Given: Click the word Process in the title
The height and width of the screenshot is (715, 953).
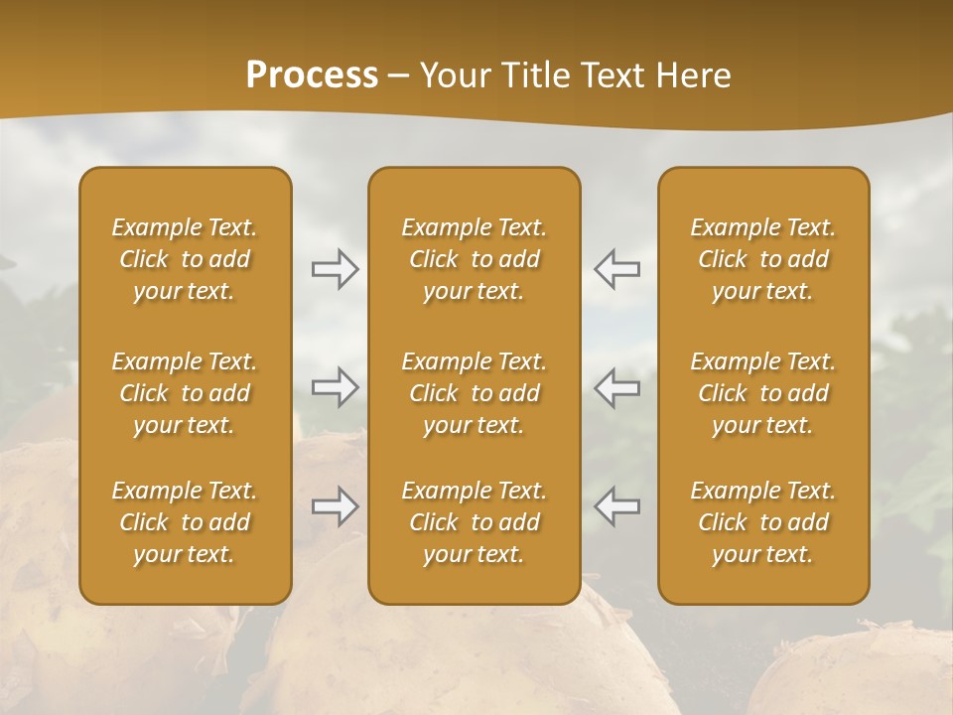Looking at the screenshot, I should click(312, 75).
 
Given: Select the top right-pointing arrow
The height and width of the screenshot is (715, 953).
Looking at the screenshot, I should click(336, 269).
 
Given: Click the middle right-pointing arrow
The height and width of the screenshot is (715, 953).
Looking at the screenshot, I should click(336, 387).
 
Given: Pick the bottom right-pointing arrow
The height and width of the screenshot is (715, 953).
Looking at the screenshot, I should click(336, 506).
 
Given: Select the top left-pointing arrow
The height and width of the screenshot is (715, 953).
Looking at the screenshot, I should click(616, 269).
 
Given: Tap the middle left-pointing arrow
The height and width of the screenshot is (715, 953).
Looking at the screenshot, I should click(616, 387).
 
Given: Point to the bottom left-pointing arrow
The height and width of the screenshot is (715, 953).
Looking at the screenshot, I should click(616, 506).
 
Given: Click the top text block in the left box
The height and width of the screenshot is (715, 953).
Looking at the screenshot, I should click(185, 259).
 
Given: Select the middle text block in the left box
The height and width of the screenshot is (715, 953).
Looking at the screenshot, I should click(185, 393).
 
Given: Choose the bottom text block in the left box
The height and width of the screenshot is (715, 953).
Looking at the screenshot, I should click(185, 522).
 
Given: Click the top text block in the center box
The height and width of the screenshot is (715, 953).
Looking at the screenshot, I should click(475, 259).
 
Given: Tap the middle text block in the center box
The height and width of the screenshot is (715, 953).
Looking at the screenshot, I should click(475, 393).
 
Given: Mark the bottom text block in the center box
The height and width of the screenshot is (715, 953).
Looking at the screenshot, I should click(475, 522).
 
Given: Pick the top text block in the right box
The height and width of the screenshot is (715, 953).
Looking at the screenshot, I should click(763, 259).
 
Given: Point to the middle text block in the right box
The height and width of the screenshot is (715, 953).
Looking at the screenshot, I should click(763, 393).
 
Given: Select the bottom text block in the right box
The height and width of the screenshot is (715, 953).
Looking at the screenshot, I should click(763, 522).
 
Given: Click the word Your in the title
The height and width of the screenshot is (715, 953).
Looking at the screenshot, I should click(453, 75).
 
